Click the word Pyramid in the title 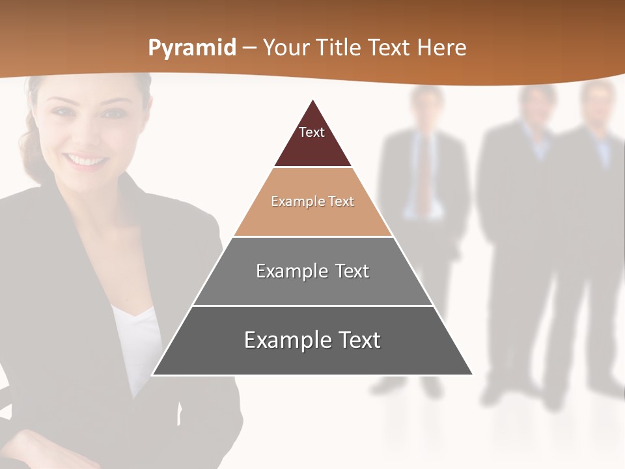191,48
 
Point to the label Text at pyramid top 312,132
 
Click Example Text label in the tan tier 312,201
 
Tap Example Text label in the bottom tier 312,340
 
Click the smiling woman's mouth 87,160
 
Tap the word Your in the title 286,48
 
